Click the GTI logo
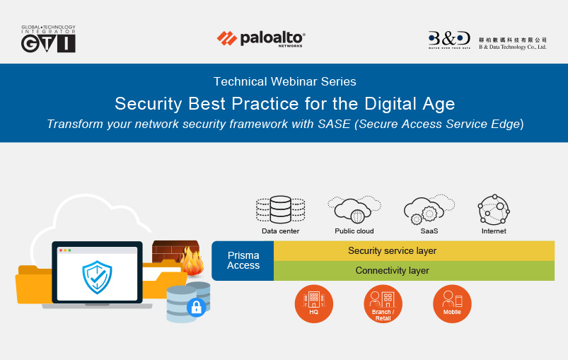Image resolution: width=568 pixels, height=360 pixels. (x=48, y=39)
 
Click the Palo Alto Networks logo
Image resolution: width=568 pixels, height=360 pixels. (x=261, y=39)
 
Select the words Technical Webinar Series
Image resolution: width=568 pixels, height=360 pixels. (x=285, y=81)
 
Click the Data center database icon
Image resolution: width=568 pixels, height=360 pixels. (x=280, y=209)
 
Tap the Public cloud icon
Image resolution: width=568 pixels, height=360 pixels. (x=354, y=209)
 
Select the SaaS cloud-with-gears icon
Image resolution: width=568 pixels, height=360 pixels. (x=429, y=209)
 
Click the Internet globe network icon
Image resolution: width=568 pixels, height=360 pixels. (x=494, y=209)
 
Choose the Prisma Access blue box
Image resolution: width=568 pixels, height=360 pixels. (x=243, y=260)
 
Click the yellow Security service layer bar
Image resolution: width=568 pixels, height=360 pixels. (x=414, y=250)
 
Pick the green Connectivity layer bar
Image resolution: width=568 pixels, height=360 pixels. (x=414, y=271)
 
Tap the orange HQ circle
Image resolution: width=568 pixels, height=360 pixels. (x=313, y=303)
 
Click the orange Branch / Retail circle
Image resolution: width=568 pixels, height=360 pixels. (x=383, y=303)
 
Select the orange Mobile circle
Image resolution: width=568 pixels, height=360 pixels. (x=452, y=303)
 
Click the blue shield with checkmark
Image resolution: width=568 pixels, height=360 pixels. (x=97, y=277)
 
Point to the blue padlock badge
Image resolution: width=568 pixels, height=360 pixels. (x=197, y=308)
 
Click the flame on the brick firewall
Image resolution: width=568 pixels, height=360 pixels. (x=192, y=261)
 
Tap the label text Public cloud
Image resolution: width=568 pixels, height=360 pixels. (x=354, y=231)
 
